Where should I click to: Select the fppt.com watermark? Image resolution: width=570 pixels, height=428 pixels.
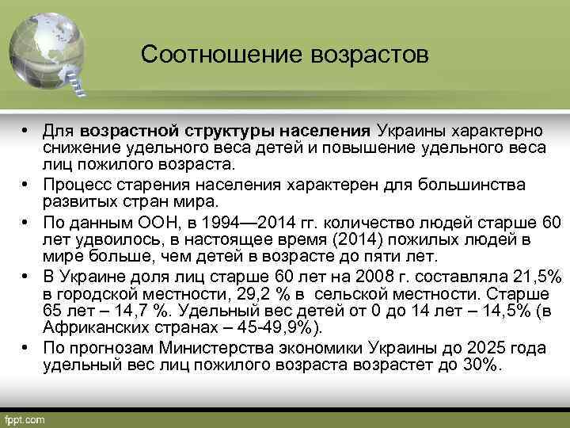click(25, 418)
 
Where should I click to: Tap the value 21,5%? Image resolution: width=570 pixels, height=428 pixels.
click(533, 276)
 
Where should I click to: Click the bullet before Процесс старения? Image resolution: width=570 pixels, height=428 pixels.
click(26, 184)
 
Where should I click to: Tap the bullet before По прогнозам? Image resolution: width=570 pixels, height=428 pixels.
click(26, 349)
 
